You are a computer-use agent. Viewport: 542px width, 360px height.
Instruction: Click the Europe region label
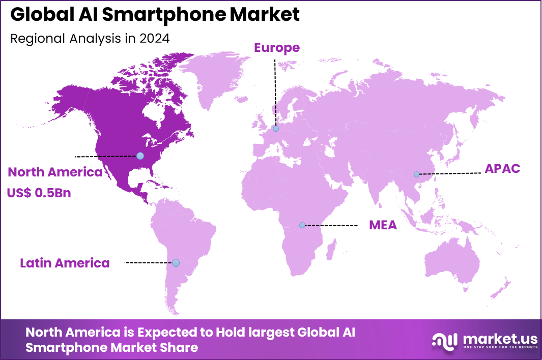point(277,48)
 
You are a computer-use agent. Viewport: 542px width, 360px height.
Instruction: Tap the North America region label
point(55,172)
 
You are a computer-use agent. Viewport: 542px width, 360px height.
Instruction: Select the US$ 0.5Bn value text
point(39,193)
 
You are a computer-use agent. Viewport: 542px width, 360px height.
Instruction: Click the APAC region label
point(502,169)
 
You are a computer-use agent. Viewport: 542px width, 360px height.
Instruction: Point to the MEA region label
point(383,225)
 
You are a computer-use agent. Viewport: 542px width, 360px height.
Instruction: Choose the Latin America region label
point(65,263)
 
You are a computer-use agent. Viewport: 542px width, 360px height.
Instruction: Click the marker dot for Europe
point(275,129)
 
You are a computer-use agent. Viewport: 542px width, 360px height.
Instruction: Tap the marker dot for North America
point(140,156)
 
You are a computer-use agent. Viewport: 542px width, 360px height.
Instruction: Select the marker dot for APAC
point(416,174)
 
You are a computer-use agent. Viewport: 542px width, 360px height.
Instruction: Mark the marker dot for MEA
point(302,225)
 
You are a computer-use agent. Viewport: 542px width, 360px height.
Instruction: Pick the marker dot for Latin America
point(176,263)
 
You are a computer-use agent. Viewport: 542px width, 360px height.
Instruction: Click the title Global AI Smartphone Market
point(155,15)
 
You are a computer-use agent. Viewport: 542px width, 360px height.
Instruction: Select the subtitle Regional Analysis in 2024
point(90,39)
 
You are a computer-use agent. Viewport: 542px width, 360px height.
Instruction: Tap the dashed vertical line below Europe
point(275,92)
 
